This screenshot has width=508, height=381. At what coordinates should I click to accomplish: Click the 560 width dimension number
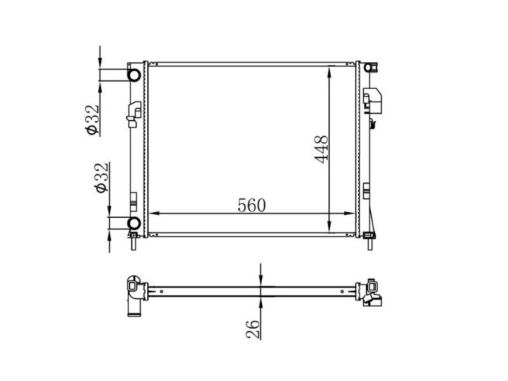pyautogui.click(x=251, y=205)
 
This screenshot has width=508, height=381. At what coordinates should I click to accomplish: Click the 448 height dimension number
pyautogui.click(x=321, y=149)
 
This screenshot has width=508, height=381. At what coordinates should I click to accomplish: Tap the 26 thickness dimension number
pyautogui.click(x=253, y=329)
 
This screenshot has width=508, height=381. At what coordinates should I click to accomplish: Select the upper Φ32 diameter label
pyautogui.click(x=91, y=119)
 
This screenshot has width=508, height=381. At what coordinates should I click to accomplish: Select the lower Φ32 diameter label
pyautogui.click(x=102, y=178)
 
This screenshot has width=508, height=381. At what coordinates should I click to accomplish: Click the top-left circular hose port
pyautogui.click(x=134, y=75)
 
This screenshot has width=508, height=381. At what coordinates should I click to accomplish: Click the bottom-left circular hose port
pyautogui.click(x=134, y=223)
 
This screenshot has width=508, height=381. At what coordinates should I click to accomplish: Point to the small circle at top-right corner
pyautogui.click(x=368, y=67)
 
